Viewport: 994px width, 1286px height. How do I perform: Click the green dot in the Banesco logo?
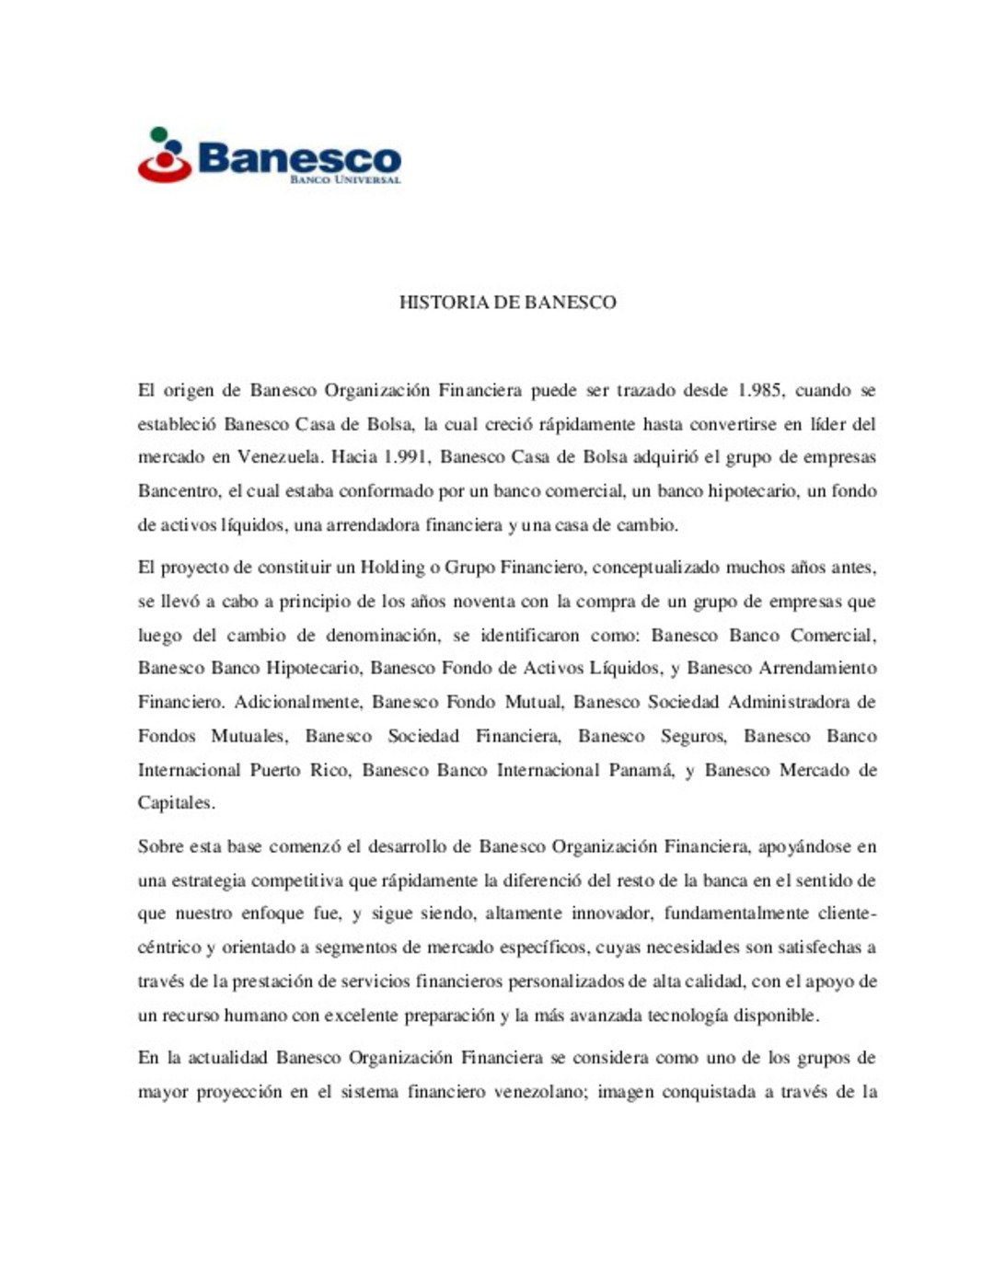coord(159,134)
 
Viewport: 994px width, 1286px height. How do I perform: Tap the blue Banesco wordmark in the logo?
coord(299,157)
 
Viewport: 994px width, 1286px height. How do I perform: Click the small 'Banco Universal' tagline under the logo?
coord(345,179)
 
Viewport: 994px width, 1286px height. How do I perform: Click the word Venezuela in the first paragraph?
coord(280,457)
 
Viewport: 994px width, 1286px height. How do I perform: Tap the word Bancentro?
coord(179,491)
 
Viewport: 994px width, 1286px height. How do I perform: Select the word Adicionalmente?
coord(298,702)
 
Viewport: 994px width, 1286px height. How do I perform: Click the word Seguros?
coord(693,736)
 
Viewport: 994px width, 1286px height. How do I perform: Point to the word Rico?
coord(329,770)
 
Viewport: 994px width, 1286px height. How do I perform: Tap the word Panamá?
coord(641,770)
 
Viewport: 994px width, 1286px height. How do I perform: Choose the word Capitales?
coord(176,803)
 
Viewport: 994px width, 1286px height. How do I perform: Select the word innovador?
coord(612,913)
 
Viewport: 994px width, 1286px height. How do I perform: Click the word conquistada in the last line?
coord(708,1092)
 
